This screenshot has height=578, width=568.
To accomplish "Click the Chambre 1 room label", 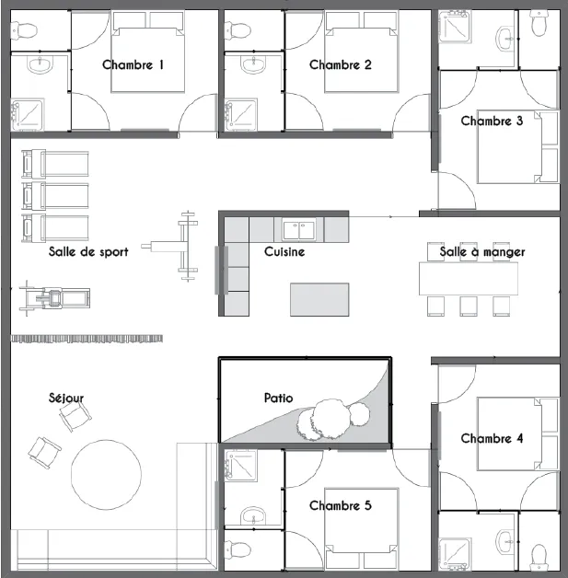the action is pyautogui.click(x=133, y=64).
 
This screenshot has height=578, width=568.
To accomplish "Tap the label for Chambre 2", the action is pyautogui.click(x=341, y=64).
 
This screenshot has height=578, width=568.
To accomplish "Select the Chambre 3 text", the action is pyautogui.click(x=492, y=121).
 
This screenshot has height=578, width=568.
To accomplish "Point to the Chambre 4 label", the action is pyautogui.click(x=492, y=438).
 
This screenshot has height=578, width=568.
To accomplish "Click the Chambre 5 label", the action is pyautogui.click(x=341, y=505).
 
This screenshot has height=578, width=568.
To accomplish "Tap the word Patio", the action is pyautogui.click(x=279, y=398).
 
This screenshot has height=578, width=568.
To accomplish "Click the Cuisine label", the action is pyautogui.click(x=284, y=252).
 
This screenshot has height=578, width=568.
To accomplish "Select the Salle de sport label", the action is pyautogui.click(x=88, y=252).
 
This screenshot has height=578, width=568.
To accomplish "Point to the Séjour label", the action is pyautogui.click(x=66, y=398).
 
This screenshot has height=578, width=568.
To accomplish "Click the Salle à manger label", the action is pyautogui.click(x=482, y=252).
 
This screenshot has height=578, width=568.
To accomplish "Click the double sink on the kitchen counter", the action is pyautogui.click(x=299, y=230).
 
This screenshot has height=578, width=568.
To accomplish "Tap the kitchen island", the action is pyautogui.click(x=319, y=299).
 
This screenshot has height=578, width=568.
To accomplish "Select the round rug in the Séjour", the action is pyautogui.click(x=106, y=475).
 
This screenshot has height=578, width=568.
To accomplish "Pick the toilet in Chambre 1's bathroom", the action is pyautogui.click(x=24, y=30).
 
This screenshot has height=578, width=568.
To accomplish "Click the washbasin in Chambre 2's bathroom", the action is pyautogui.click(x=254, y=64).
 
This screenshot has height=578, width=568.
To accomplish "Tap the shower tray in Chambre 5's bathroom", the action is pyautogui.click(x=240, y=466).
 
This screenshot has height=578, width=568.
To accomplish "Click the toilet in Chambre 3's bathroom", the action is pyautogui.click(x=539, y=23).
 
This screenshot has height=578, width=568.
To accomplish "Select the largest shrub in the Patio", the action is pyautogui.click(x=331, y=419).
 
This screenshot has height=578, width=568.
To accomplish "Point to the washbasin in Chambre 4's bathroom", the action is pyautogui.click(x=505, y=541).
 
